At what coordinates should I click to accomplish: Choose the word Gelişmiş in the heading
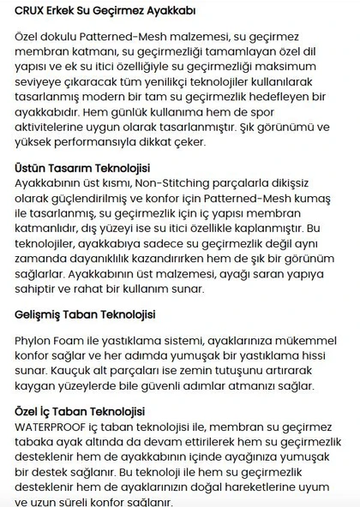(x=40, y=313)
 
